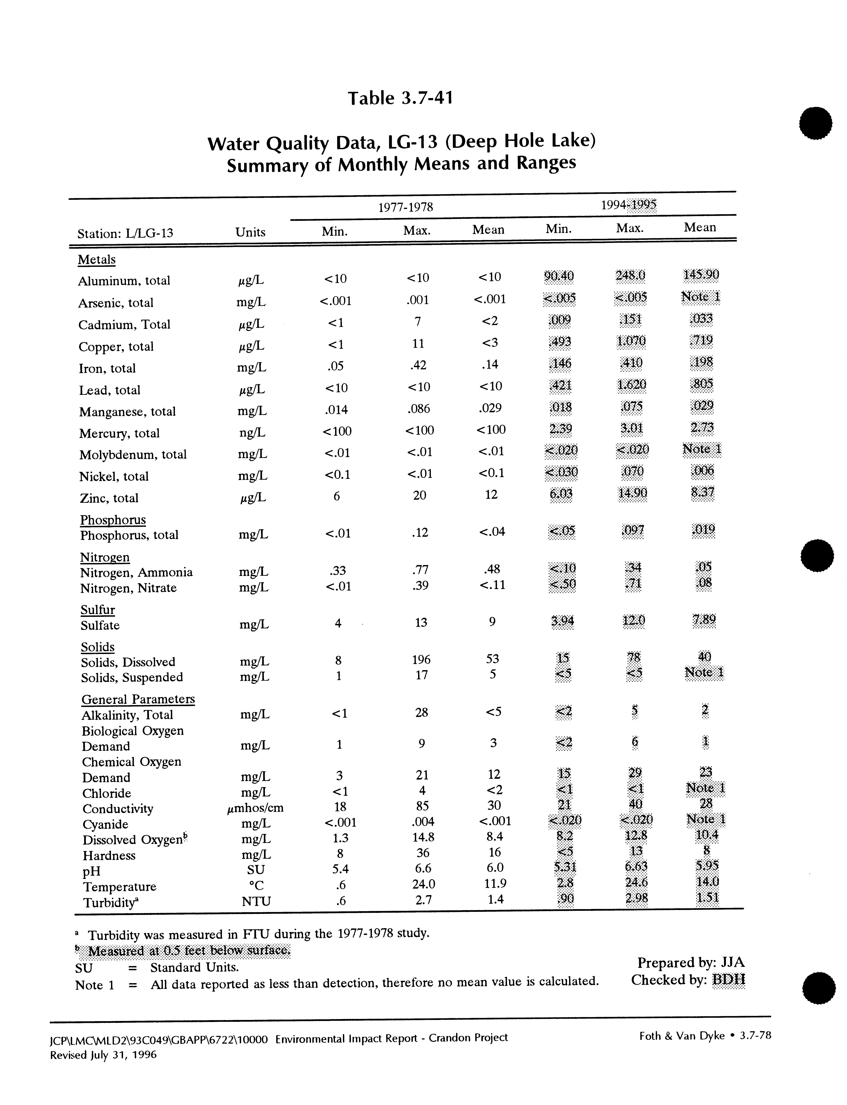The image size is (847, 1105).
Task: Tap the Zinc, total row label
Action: tap(109, 498)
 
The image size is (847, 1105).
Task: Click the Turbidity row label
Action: tap(111, 902)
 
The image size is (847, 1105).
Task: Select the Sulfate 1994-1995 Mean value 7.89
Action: tap(703, 620)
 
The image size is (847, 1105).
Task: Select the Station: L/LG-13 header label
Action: tap(125, 234)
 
